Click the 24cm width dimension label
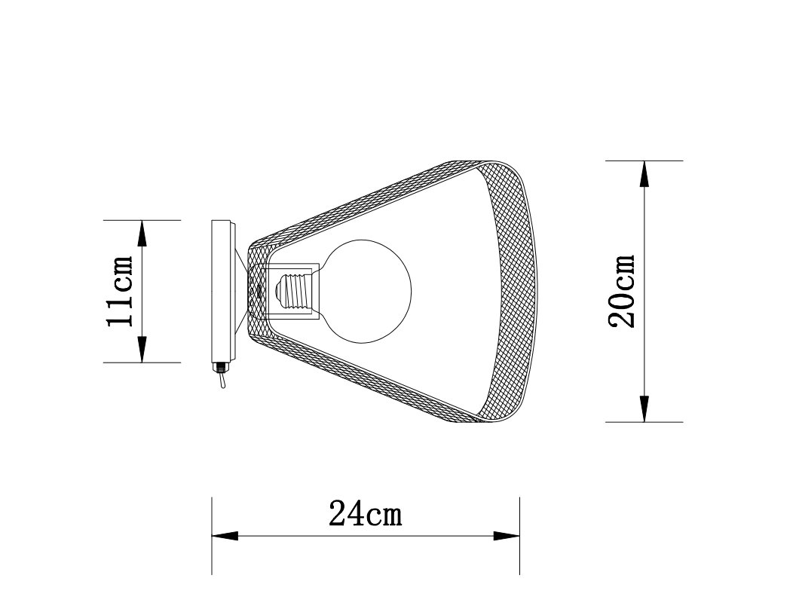(x=366, y=513)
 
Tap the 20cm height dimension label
(x=623, y=291)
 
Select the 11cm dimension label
(x=120, y=291)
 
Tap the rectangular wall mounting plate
(x=222, y=291)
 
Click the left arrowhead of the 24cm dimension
(x=225, y=536)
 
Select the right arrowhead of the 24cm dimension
(x=507, y=536)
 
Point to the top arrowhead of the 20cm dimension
(x=644, y=173)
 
